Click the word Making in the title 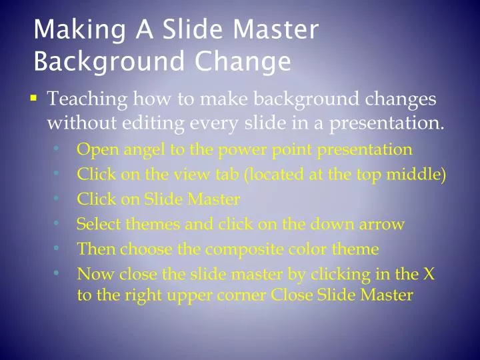click(70, 31)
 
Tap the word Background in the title click(109, 61)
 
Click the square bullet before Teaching click(33, 99)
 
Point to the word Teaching click(87, 99)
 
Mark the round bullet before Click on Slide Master click(58, 198)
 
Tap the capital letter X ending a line click(430, 273)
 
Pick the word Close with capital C click(291, 295)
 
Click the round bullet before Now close click(58, 273)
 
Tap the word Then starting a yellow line click(94, 249)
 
